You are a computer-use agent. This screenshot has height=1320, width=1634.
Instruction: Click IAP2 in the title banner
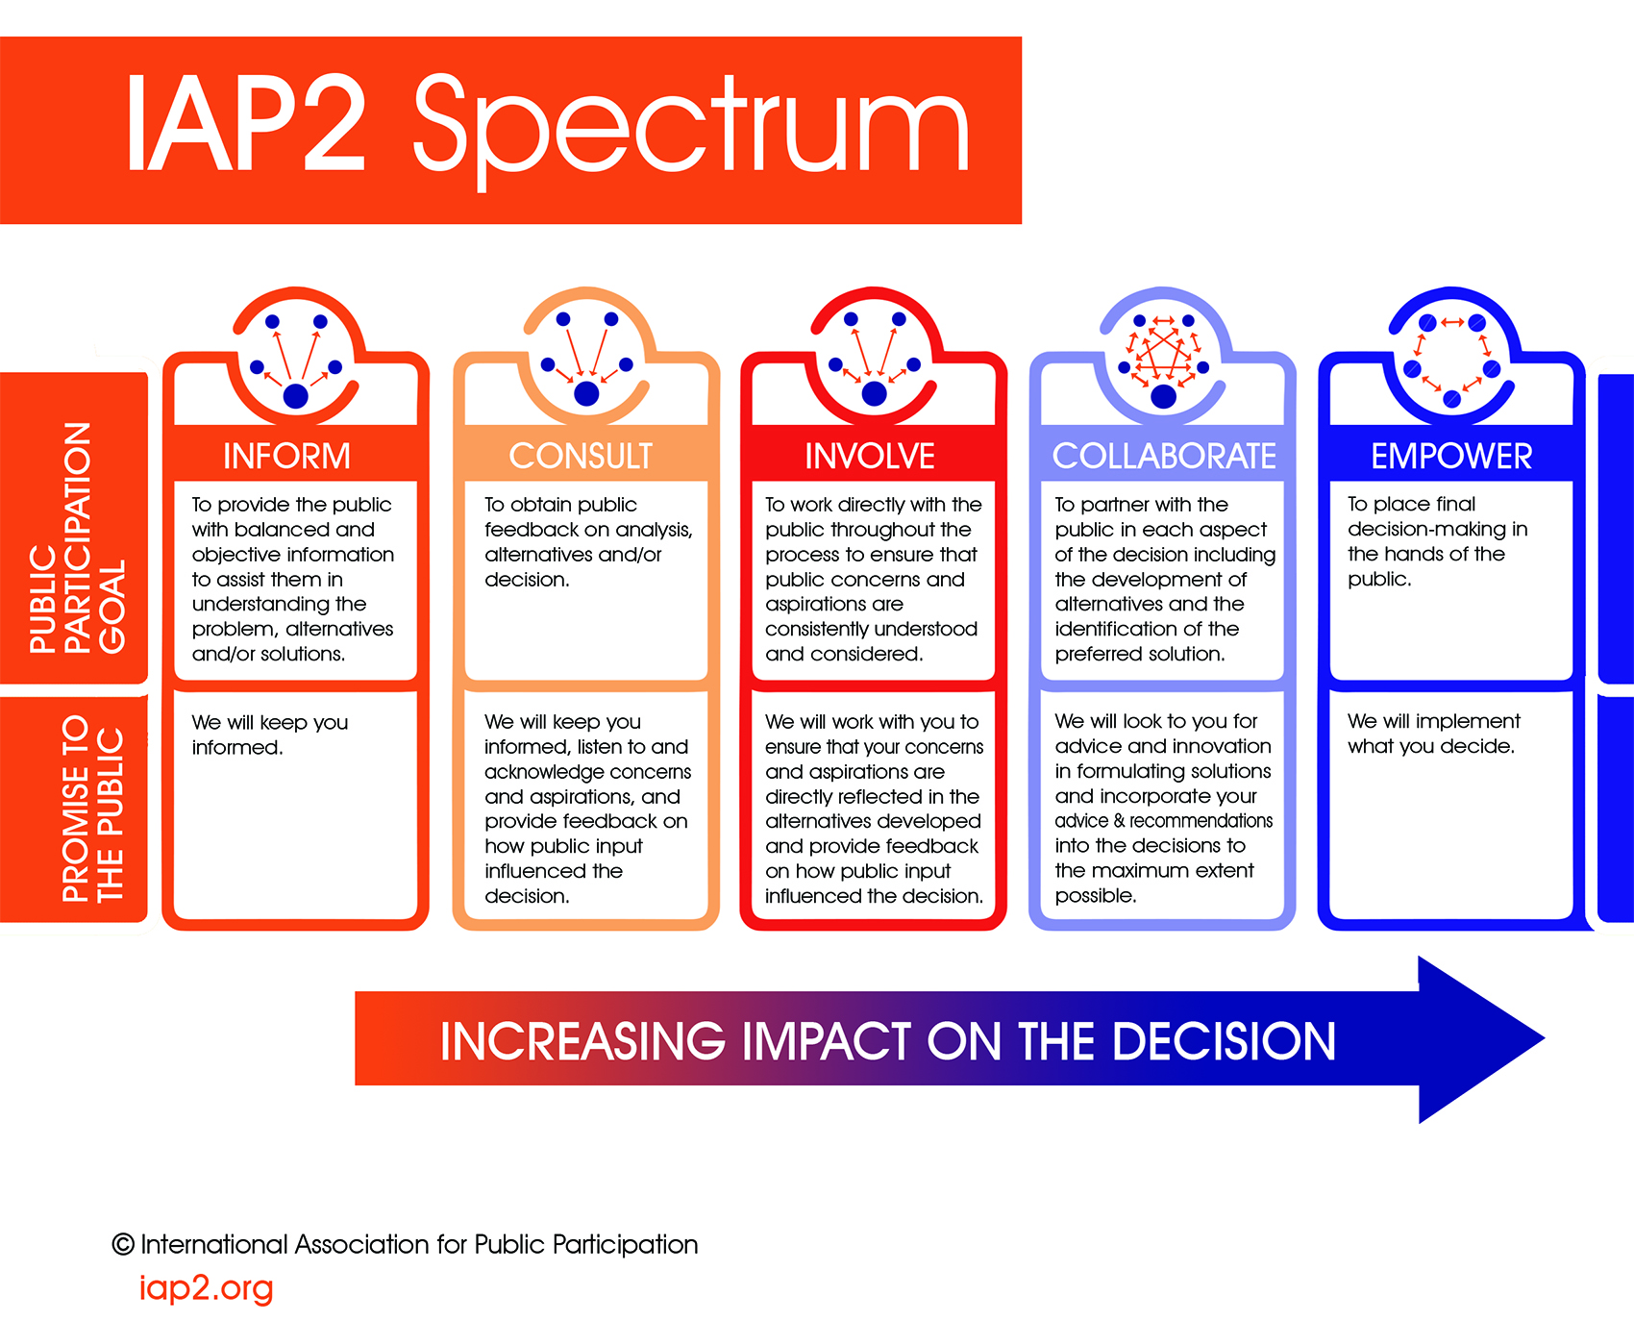point(245,125)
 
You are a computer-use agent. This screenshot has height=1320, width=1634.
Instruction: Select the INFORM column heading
point(286,456)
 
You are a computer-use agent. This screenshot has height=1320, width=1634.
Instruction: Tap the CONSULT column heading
point(581,456)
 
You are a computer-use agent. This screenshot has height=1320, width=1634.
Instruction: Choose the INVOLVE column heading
point(870,456)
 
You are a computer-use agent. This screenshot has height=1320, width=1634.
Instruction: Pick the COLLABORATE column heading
point(1164,456)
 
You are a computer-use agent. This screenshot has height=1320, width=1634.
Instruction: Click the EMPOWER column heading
point(1451,456)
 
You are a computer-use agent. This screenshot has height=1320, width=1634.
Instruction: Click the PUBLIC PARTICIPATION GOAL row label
point(77,538)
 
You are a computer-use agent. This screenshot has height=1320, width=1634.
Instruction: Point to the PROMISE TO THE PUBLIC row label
point(92,808)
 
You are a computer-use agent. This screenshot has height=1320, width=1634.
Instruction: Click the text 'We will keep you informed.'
point(269,735)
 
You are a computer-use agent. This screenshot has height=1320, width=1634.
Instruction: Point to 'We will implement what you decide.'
point(1432,734)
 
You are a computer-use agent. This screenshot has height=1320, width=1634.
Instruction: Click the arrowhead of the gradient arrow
point(1480,1039)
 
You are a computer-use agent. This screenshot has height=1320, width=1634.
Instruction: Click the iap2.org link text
point(206,1287)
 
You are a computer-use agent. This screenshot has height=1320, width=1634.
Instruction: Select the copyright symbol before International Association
point(123,1244)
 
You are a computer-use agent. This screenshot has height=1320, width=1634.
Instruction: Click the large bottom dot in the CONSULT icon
point(586,393)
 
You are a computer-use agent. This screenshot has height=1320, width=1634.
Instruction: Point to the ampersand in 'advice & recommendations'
point(1119,821)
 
